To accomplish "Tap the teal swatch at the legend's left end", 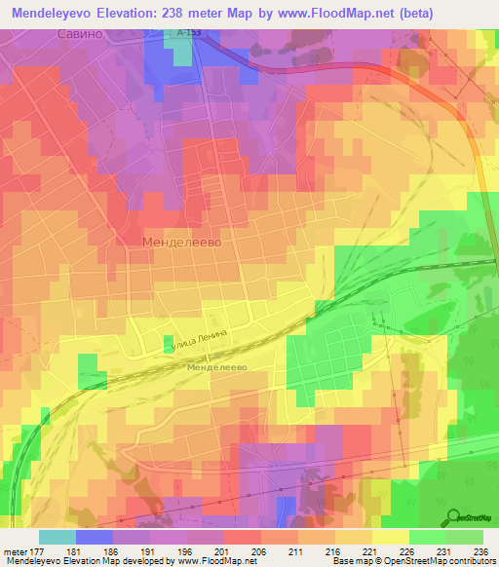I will point(57,536).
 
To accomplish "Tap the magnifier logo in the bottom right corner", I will point(453,516).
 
